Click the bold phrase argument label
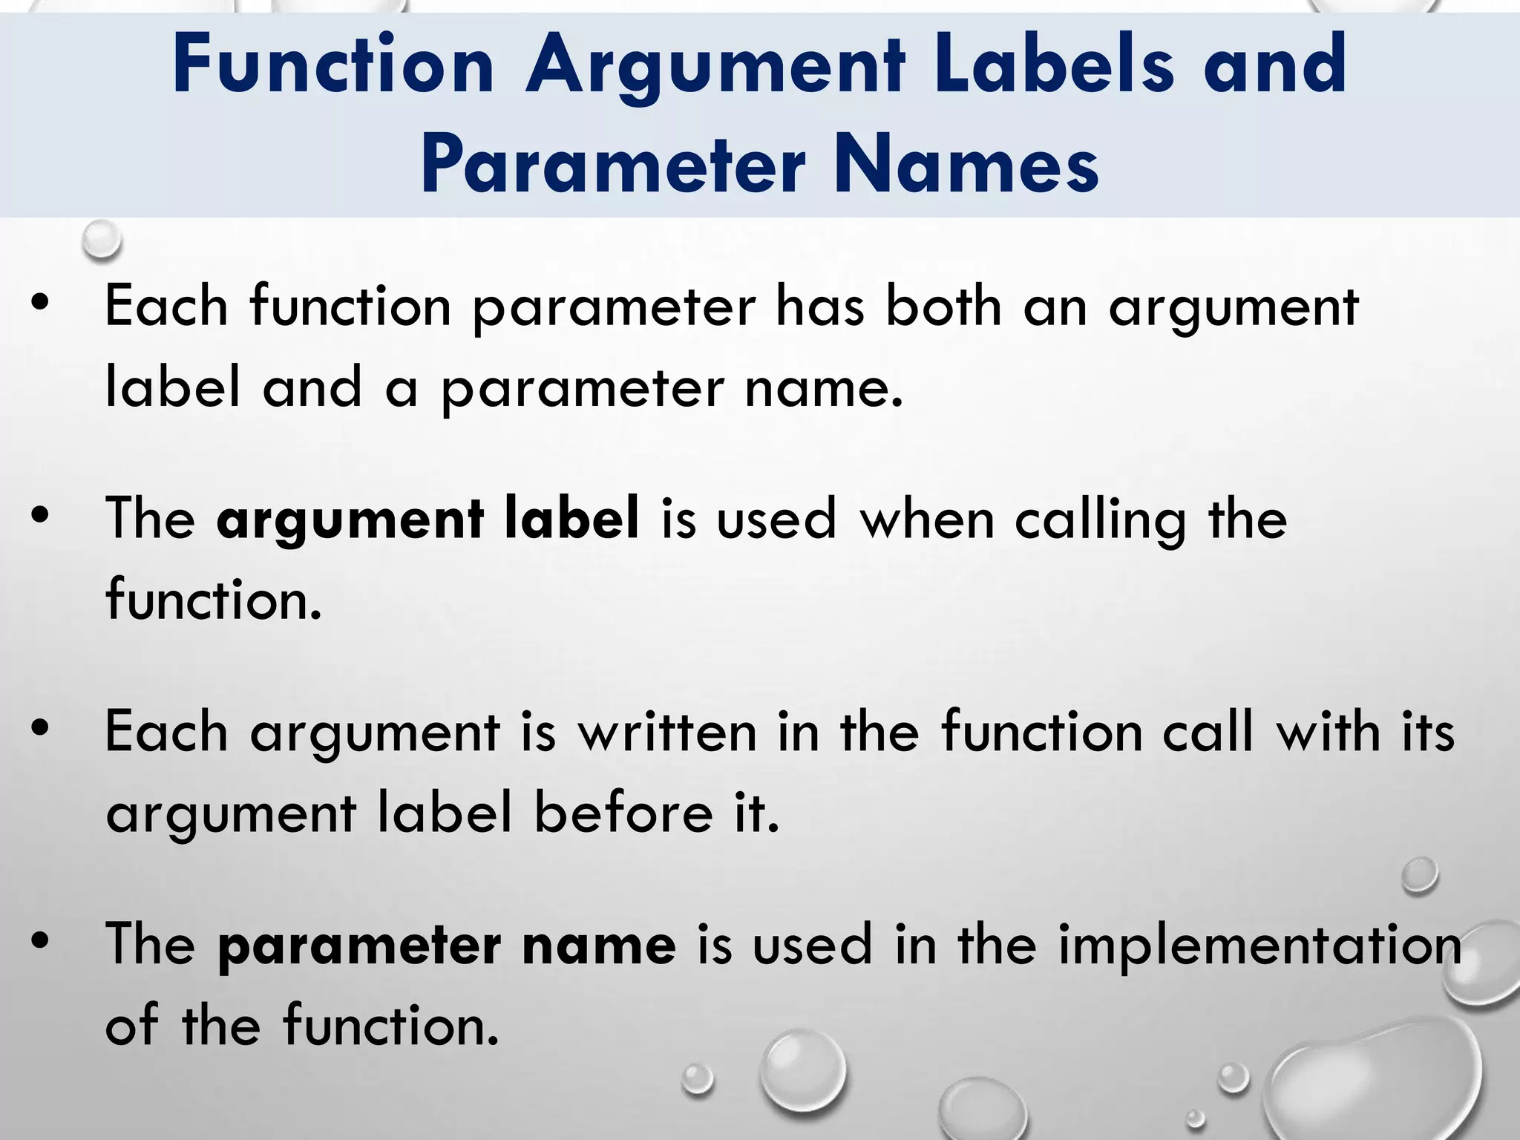pos(427,520)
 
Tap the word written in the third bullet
pos(667,732)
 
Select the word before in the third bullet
pos(623,813)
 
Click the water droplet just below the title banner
pos(102,240)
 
